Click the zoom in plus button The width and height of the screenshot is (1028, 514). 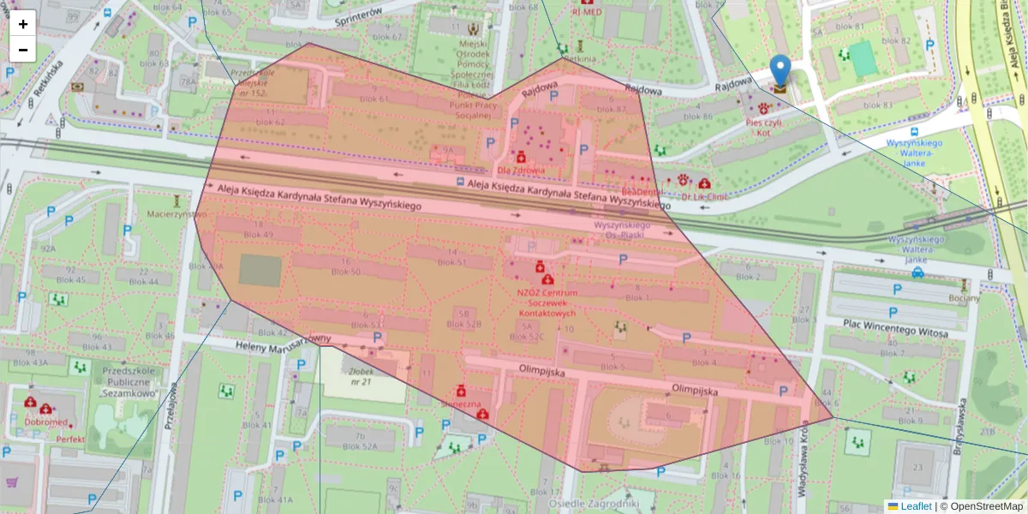[x=23, y=24]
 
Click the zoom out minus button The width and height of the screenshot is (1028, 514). [x=23, y=50]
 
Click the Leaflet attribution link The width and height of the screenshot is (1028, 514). [x=916, y=506]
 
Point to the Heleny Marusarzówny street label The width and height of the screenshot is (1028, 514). [x=283, y=341]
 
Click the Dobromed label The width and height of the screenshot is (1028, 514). [x=46, y=422]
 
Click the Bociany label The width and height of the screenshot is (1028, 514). [x=964, y=298]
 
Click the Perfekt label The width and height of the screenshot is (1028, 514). [x=70, y=439]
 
